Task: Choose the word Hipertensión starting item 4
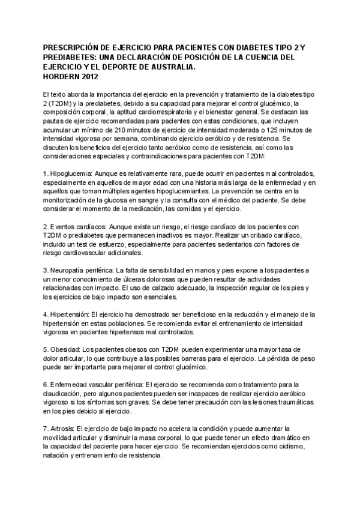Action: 70,314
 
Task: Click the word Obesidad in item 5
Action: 65,349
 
